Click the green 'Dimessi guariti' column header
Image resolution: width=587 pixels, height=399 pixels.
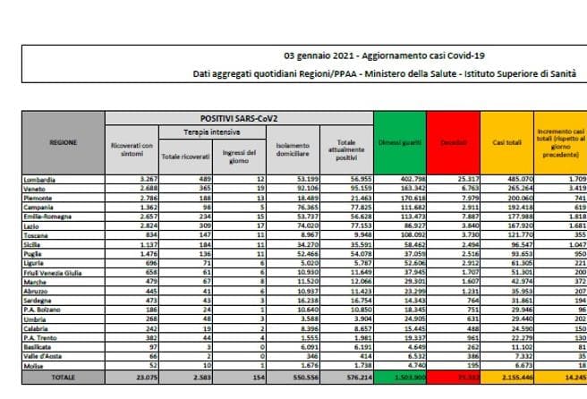pyautogui.click(x=398, y=142)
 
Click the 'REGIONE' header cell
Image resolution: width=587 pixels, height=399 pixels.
pyautogui.click(x=64, y=142)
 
